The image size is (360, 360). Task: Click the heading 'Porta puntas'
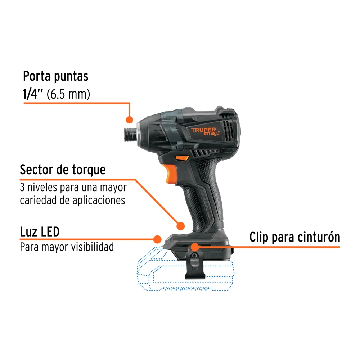click(x=55, y=76)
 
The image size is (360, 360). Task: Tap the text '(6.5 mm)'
click(x=68, y=94)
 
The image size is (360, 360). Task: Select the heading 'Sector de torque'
click(x=63, y=170)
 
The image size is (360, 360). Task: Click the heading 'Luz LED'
click(x=40, y=231)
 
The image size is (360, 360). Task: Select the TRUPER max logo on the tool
click(x=205, y=131)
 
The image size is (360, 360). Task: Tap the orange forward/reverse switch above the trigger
click(x=182, y=158)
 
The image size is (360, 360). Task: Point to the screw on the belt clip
click(x=194, y=255)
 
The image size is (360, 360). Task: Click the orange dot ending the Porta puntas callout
click(x=130, y=120)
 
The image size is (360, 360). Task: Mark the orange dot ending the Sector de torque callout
click(x=181, y=226)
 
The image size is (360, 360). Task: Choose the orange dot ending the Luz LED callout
click(x=157, y=239)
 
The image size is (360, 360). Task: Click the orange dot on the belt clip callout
click(x=195, y=247)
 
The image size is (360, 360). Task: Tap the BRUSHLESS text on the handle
click(x=206, y=206)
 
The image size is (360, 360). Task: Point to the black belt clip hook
click(x=195, y=264)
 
